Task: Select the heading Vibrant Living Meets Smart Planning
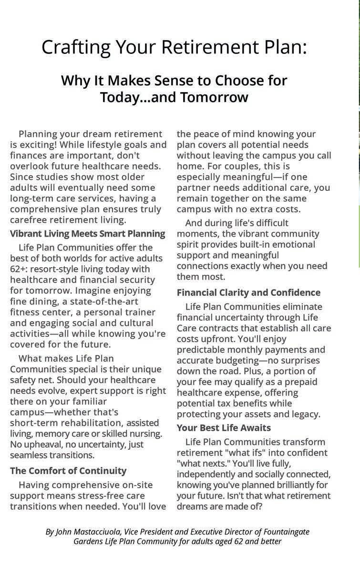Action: tap(87, 234)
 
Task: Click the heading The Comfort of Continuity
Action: tap(68, 471)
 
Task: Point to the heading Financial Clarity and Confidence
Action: tap(248, 293)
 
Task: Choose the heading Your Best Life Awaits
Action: tap(224, 428)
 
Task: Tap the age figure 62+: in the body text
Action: tap(21, 269)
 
